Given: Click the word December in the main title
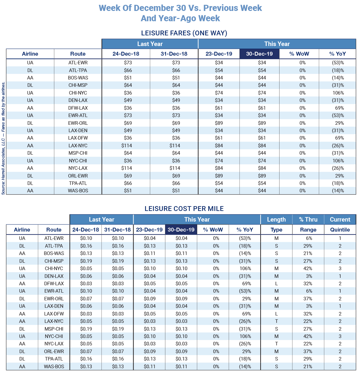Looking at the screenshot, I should click(149, 8).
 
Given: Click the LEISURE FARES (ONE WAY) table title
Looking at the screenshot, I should click(184, 33).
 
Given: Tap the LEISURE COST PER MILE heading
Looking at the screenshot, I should click(184, 209).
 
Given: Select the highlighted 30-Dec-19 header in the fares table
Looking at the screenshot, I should click(259, 54).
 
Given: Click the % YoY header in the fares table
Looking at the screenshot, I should click(337, 54).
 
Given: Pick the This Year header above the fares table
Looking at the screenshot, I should click(277, 44).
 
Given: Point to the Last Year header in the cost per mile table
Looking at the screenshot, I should click(101, 220).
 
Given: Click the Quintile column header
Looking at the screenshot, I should click(340, 230).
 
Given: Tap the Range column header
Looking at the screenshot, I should click(308, 230).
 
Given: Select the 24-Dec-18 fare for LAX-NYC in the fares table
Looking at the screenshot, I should click(127, 146).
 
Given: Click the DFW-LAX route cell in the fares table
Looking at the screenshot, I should click(78, 108).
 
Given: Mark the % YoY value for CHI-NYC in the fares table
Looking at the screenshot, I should click(338, 93).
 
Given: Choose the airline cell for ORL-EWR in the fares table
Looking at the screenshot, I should click(30, 176).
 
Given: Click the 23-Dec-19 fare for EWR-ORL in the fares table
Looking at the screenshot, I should click(219, 123).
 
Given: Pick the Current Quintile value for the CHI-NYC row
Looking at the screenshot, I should click(340, 269).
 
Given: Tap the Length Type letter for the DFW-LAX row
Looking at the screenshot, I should click(276, 284).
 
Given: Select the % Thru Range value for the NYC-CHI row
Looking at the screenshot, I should click(308, 336).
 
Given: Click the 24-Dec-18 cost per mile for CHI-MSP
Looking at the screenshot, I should click(86, 261).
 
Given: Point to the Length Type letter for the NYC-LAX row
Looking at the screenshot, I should click(276, 344).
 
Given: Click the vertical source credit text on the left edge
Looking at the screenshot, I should click(4, 138).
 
